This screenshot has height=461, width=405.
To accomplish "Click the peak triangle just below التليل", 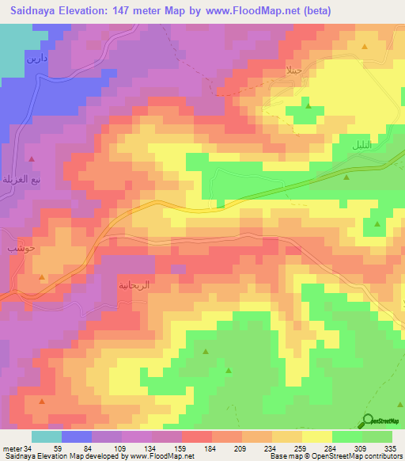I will pos(345,179).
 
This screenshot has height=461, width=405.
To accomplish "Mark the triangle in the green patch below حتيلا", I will pos(308,106).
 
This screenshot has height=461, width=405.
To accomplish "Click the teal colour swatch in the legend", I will pos(47,436).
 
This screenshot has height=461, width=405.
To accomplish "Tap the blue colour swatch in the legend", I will pos(77,436).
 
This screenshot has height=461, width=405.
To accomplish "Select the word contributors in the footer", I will pos(382,456).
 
